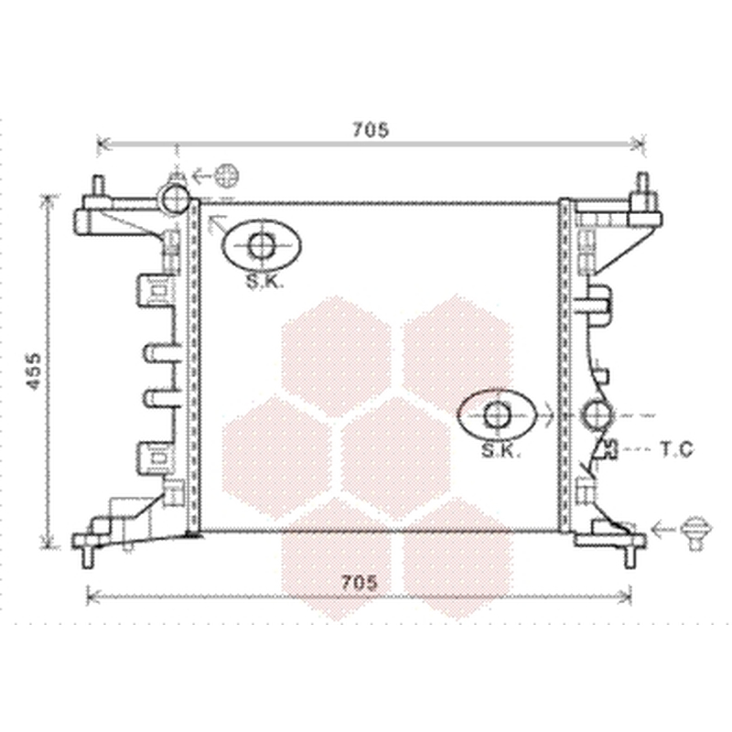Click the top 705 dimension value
371,130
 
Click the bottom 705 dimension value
359,583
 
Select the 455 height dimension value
33,371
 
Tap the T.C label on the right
676,449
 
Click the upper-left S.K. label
264,281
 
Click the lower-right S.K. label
501,450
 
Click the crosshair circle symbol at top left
227,176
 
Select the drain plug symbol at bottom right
695,533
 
